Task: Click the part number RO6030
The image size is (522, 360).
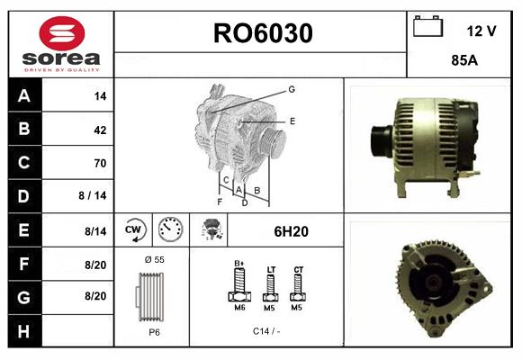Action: (262, 33)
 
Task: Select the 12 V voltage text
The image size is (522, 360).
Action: (481, 31)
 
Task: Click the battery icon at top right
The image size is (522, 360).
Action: (427, 28)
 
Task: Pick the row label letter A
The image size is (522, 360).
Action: (23, 96)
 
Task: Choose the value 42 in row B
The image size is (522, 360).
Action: (100, 130)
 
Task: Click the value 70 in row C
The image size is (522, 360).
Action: (100, 163)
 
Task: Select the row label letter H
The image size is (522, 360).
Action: (23, 330)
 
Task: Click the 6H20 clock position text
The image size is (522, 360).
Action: (291, 231)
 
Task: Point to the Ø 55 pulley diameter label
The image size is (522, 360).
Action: (153, 259)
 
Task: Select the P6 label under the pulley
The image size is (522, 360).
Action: (153, 332)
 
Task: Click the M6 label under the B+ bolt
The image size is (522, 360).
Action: (240, 307)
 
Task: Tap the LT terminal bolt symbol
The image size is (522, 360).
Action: (270, 287)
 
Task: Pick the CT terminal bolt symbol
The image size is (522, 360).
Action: (298, 286)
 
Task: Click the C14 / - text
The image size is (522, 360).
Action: (266, 332)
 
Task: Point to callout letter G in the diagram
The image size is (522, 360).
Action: (292, 89)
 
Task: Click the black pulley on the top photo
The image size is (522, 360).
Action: (377, 142)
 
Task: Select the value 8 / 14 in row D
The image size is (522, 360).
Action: (93, 196)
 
